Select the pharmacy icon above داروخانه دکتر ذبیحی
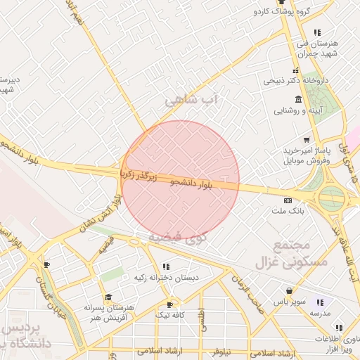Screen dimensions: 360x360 [295, 70]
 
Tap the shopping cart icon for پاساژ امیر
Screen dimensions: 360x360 [305, 139]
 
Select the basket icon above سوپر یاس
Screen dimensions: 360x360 [289, 290]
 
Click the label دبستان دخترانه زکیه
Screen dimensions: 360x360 [167, 278]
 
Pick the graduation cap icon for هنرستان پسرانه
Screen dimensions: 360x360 [108, 297]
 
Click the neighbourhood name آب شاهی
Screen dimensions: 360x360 [193, 101]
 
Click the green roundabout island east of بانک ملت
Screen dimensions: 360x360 [331, 198]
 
